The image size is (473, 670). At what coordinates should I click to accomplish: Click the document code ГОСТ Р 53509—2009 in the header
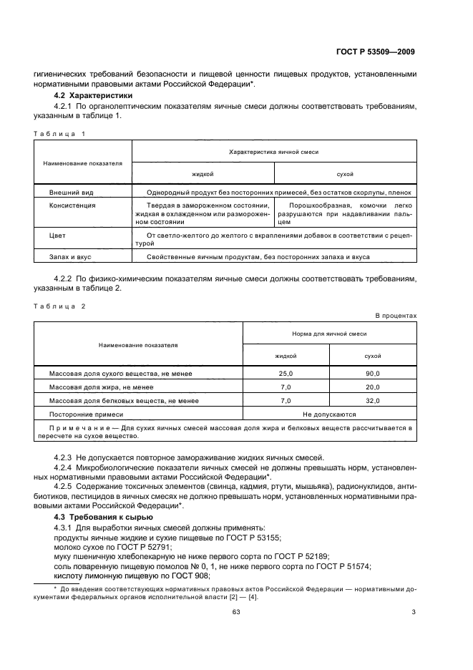[x=376, y=52]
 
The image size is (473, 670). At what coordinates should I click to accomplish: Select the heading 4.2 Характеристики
[x=91, y=95]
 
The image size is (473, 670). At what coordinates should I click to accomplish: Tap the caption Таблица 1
[x=59, y=134]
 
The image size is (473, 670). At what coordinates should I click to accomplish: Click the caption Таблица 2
[x=59, y=306]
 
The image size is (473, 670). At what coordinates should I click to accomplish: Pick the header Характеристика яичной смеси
[x=273, y=152]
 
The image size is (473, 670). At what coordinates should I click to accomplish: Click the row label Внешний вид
[x=70, y=193]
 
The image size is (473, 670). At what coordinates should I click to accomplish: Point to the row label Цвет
[x=57, y=235]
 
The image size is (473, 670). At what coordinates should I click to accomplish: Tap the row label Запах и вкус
[x=70, y=256]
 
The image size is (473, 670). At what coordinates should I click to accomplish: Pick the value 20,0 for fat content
[x=373, y=387]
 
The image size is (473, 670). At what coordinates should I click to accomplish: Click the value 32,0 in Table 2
[x=373, y=401]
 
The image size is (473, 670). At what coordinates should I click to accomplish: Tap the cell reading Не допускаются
[x=329, y=414]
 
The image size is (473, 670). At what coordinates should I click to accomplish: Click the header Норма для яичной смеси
[x=329, y=334]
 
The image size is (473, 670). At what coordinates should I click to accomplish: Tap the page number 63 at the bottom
[x=235, y=631]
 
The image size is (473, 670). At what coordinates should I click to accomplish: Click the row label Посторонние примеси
[x=86, y=414]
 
